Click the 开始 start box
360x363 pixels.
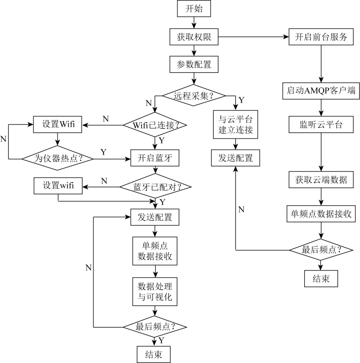pos(194,9)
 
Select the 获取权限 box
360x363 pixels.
pos(194,37)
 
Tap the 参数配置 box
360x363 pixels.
pos(194,64)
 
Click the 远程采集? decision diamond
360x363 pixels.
pos(194,96)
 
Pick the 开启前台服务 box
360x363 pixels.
pos(321,37)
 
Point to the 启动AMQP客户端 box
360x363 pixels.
pos(321,91)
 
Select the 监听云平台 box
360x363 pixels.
pos(321,124)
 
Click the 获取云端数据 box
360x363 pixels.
pos(321,180)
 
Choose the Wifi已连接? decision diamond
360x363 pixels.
pos(155,125)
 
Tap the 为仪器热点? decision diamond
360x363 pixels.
pos(58,158)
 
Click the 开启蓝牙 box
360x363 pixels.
pos(155,158)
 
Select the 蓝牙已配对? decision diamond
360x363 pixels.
pos(156,187)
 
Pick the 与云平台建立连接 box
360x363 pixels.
pos(235,124)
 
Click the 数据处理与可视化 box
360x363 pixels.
pos(155,292)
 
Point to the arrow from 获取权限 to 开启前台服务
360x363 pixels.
pos(253,37)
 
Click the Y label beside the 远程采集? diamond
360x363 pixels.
pos(242,100)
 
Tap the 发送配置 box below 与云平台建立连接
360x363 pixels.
pos(235,158)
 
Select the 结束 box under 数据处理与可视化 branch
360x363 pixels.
pos(154,354)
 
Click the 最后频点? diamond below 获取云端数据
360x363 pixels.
pos(321,250)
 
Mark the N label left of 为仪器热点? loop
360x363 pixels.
pos(3,139)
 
